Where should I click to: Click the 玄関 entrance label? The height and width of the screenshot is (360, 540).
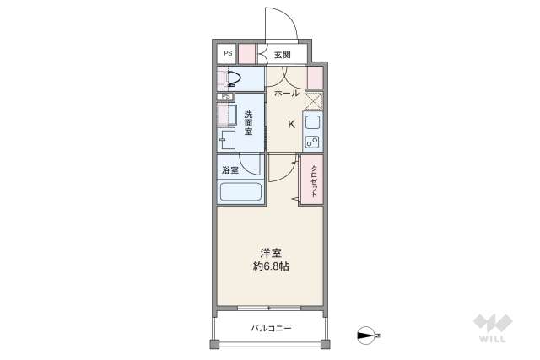tap(282, 55)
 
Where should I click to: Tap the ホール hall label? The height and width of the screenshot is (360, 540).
tap(288, 94)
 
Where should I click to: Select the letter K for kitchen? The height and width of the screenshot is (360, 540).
tap(292, 124)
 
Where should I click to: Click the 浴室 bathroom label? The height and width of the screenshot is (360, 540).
tap(229, 169)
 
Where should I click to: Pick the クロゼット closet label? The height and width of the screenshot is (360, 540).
tap(314, 179)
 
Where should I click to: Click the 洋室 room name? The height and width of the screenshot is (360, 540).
tap(270, 252)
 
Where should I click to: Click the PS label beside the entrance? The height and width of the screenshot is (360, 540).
tap(227, 54)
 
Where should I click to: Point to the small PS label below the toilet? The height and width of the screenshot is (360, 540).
tap(226, 97)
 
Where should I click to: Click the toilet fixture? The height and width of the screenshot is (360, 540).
tap(232, 79)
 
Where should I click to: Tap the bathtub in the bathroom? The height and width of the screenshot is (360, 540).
tap(240, 191)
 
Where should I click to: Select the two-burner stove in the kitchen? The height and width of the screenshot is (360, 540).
tap(311, 140)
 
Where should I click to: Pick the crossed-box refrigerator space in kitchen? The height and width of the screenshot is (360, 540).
tap(313, 100)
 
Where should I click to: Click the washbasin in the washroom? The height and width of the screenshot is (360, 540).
tap(228, 139)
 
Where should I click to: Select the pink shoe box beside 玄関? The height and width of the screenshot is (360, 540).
tap(246, 54)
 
